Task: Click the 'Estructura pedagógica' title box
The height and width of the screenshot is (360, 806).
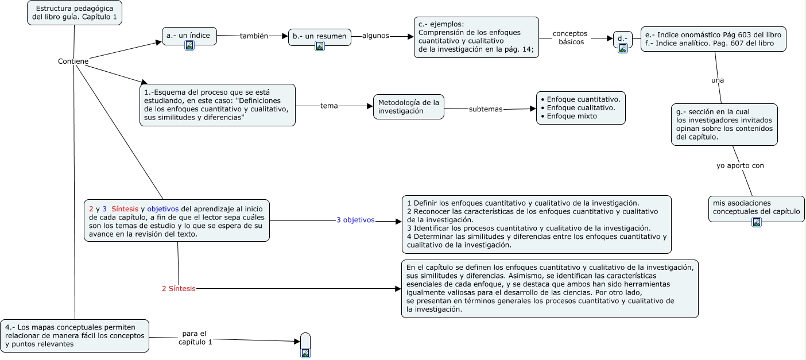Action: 75,13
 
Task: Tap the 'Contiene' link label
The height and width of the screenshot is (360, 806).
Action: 73,61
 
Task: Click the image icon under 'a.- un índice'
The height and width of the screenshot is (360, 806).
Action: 189,46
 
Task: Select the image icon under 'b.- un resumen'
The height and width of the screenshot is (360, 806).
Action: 320,46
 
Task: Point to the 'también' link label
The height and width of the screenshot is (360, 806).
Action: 254,36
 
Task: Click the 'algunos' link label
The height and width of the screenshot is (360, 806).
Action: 375,36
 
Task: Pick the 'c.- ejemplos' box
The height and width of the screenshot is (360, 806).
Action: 476,37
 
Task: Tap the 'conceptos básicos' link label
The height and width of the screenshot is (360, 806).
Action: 570,38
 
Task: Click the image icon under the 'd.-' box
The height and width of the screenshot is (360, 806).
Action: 623,48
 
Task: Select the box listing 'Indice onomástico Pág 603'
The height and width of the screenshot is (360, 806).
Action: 713,39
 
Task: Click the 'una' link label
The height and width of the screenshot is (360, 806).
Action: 718,80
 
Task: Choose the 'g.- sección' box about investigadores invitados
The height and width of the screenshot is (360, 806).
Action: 724,125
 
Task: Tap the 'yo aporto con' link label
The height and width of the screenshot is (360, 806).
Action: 740,166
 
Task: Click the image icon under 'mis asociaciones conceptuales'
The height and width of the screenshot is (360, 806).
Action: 757,222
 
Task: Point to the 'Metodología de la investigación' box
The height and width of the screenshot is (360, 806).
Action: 409,107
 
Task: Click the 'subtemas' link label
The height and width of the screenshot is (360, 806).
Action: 486,109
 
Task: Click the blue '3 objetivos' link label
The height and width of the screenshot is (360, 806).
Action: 355,220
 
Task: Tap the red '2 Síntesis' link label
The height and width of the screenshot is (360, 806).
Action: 179,288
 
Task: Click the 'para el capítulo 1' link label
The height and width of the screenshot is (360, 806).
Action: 195,338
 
